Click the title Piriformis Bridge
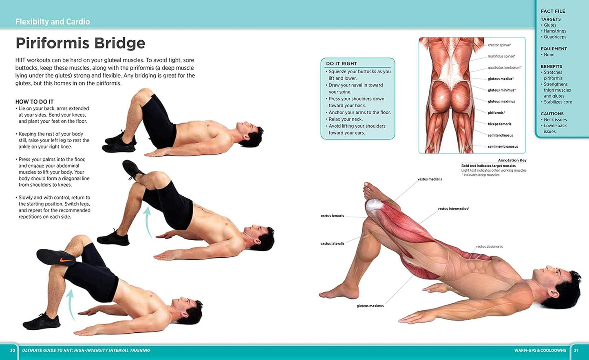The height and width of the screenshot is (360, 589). point(80,43)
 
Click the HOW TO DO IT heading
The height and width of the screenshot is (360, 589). point(34,102)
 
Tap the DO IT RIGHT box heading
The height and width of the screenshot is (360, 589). point(341,64)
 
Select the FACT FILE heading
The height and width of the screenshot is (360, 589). point(553,11)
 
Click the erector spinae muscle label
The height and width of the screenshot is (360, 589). point(499,45)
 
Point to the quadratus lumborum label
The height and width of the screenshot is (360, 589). point(504,68)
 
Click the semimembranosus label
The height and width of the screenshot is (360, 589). point(503,146)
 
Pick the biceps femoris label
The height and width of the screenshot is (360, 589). point(499,124)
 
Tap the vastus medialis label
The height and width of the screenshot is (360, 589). point(429,179)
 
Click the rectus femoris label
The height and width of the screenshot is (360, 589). point(332,216)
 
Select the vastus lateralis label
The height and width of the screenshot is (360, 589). point(332,244)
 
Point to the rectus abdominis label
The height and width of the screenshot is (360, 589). point(489,247)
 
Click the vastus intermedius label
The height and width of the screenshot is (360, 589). point(453,209)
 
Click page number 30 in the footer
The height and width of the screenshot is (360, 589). point(13,350)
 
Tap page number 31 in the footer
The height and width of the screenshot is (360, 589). point(576,350)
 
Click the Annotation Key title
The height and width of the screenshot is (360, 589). point(512,160)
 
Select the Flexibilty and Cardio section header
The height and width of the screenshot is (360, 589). point(53,22)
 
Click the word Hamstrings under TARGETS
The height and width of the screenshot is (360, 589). point(555,31)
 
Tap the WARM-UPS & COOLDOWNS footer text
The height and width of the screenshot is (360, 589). point(540,350)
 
